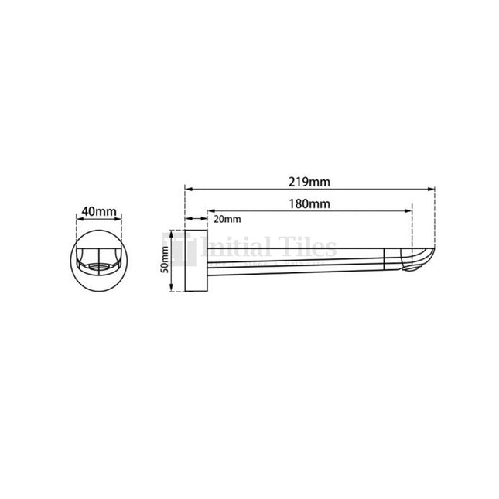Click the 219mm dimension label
point(307,182)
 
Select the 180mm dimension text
point(307,204)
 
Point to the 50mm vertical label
point(165,261)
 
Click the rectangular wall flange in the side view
point(195,261)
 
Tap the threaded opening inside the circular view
point(99,268)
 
